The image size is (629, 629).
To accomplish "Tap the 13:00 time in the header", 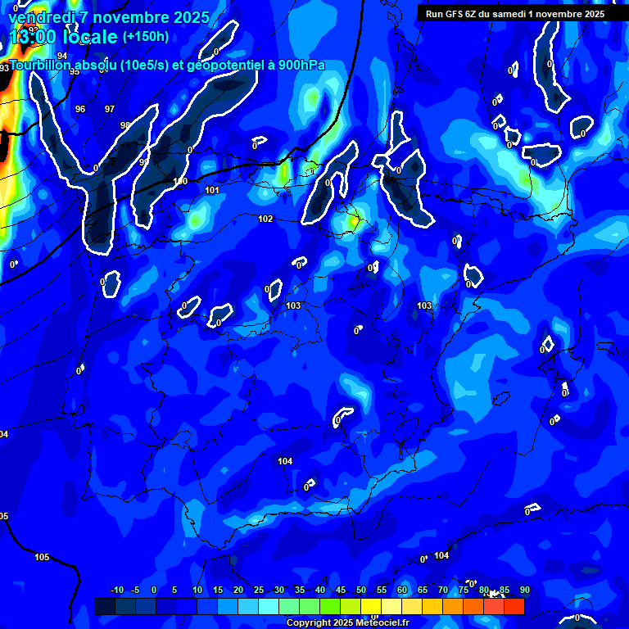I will (34, 37).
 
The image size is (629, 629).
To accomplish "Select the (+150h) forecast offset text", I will (145, 36).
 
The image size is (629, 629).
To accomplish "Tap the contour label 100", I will (180, 181).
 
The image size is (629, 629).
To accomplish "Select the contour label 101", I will (212, 190).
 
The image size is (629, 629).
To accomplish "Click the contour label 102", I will (265, 219).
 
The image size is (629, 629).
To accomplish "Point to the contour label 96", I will (80, 109).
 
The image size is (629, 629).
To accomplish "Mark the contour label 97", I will (110, 109).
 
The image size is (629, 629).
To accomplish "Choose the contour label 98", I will (124, 125).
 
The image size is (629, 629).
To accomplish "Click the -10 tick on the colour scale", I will (116, 590).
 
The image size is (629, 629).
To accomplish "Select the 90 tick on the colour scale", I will (524, 590).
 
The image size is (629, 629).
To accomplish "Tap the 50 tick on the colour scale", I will (361, 590).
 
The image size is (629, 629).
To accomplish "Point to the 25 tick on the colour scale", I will (259, 590).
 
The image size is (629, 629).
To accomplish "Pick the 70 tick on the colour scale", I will (443, 590).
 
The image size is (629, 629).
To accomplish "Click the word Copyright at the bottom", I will (310, 623).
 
